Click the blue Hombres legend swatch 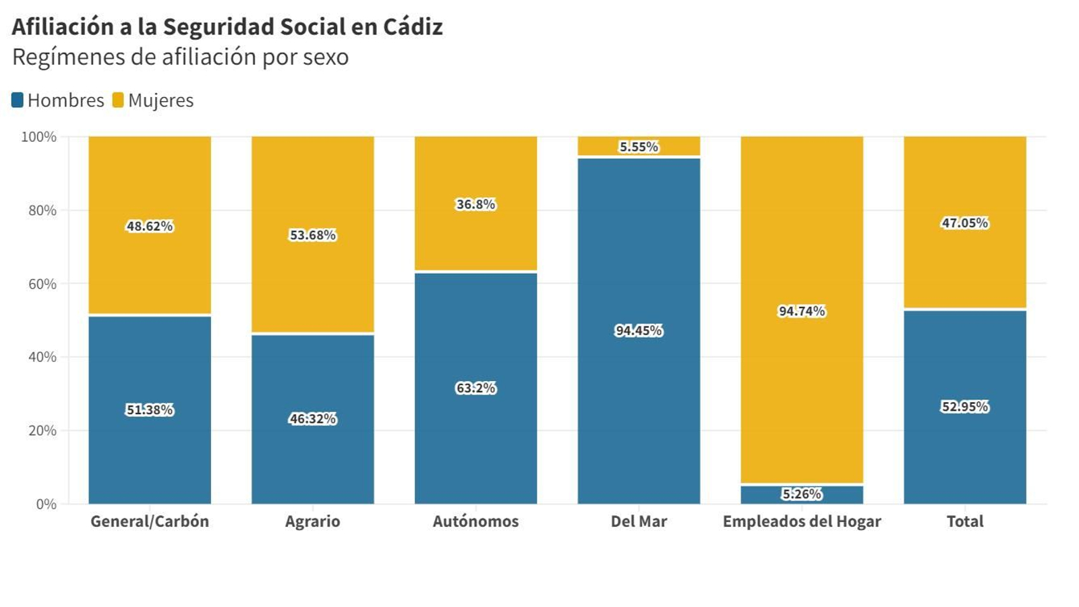click(18, 100)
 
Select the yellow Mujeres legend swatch click(118, 100)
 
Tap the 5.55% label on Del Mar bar click(639, 146)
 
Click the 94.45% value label click(639, 330)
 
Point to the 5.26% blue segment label click(802, 494)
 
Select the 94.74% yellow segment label click(802, 311)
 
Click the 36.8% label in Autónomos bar click(475, 204)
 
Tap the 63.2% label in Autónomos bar click(475, 388)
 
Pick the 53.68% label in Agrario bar click(312, 235)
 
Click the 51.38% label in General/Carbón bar click(150, 409)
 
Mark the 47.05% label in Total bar click(964, 223)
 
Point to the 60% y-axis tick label click(42, 284)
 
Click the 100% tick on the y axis click(39, 137)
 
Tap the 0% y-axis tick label click(46, 504)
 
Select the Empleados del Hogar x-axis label click(802, 521)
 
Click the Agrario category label click(312, 521)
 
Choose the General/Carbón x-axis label click(150, 521)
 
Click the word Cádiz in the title click(413, 27)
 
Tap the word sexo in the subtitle click(326, 57)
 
